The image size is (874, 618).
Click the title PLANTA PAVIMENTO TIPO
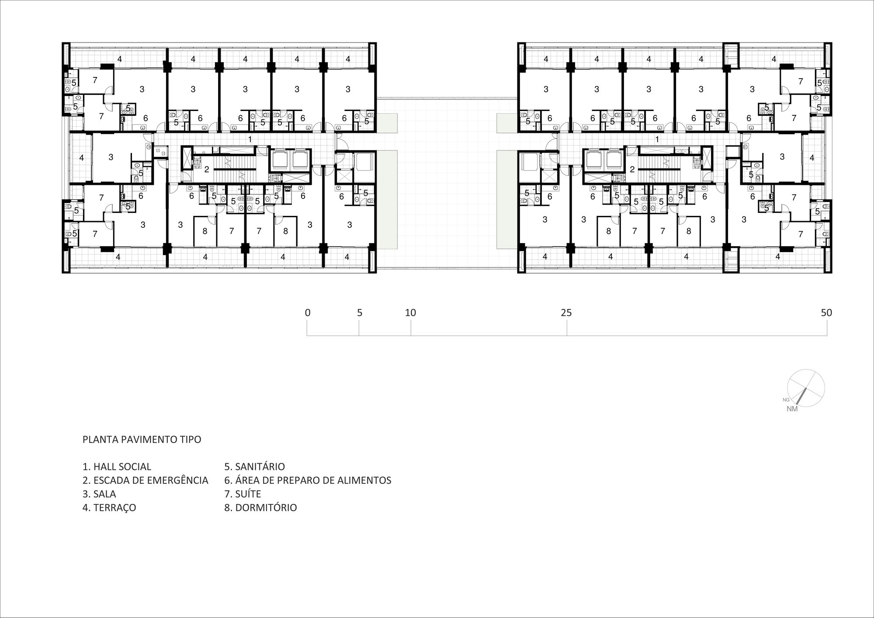142,440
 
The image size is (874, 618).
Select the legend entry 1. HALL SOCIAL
117,467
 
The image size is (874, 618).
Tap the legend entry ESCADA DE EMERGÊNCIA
151,480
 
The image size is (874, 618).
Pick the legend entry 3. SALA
99,494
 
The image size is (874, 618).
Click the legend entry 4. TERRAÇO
109,507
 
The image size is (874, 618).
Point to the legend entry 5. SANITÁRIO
255,467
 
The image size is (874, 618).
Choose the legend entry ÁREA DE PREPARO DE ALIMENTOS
313,480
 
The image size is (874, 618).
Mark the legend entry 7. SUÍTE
243,494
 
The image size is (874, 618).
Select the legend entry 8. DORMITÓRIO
260,507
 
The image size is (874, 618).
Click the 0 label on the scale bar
308,313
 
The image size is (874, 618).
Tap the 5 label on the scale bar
360,313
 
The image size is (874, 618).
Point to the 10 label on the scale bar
410,313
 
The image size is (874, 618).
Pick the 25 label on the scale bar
566,313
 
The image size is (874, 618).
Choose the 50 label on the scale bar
826,313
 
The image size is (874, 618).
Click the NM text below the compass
792,409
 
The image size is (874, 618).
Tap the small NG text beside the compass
786,400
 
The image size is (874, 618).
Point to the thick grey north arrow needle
801,396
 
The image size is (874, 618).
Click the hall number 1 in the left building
250,139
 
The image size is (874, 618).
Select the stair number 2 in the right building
632,170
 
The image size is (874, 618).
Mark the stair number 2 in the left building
207,170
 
